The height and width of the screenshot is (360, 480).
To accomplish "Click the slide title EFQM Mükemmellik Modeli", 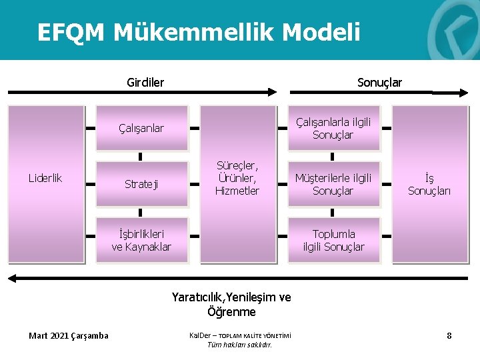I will [x=198, y=31].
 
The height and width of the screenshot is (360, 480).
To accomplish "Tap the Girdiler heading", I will [x=145, y=83].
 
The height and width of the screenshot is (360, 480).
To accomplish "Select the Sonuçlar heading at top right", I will [x=379, y=83].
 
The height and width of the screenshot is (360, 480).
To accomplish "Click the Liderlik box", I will [x=45, y=178].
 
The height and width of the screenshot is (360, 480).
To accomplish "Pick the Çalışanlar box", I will [x=141, y=128].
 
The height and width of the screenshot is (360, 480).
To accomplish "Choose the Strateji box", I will [x=141, y=183].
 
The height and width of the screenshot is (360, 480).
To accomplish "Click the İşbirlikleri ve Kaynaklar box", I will [x=141, y=240].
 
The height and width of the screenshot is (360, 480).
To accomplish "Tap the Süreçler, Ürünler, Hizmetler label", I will [x=237, y=177].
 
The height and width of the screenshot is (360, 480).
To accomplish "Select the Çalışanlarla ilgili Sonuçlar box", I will [x=333, y=128].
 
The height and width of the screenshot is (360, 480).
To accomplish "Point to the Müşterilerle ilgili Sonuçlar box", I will [x=333, y=184].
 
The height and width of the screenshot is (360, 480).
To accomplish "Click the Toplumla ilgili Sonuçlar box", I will [x=333, y=240].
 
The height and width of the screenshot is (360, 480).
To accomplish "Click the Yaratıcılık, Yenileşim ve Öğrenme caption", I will [x=231, y=304].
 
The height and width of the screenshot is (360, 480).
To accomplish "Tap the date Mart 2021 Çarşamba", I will [x=69, y=335].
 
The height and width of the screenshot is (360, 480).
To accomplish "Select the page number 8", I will [x=449, y=335].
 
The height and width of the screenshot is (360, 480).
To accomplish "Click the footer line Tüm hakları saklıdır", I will [x=240, y=345].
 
